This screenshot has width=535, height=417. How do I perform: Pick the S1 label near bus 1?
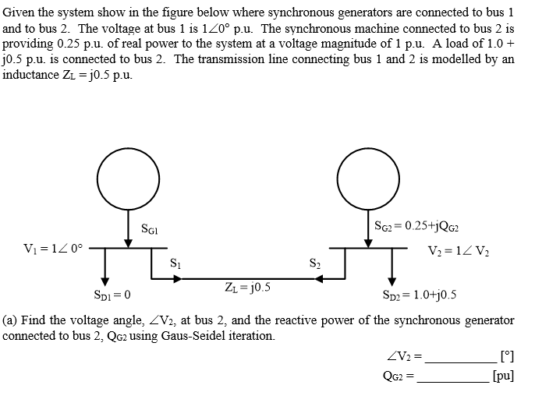pos(175,263)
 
